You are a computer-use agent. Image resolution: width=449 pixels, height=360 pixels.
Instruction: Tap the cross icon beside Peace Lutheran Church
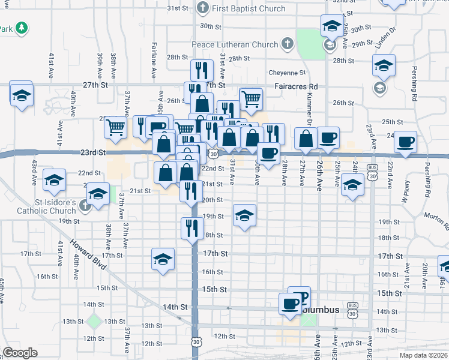coord(287,44)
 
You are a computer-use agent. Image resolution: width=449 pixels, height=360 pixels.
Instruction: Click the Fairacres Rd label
coord(295,86)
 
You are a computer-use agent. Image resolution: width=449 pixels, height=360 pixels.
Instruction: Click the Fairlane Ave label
coord(154,64)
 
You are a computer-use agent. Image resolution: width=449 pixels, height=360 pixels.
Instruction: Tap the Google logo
coord(20,353)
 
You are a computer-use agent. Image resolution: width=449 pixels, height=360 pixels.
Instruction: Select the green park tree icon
coord(22,28)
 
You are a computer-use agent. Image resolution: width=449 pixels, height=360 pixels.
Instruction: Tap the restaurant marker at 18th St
coord(192,228)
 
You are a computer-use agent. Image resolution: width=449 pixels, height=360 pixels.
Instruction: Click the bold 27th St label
coord(95,85)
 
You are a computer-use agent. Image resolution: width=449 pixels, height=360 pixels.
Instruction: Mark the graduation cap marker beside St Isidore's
coord(98,194)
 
